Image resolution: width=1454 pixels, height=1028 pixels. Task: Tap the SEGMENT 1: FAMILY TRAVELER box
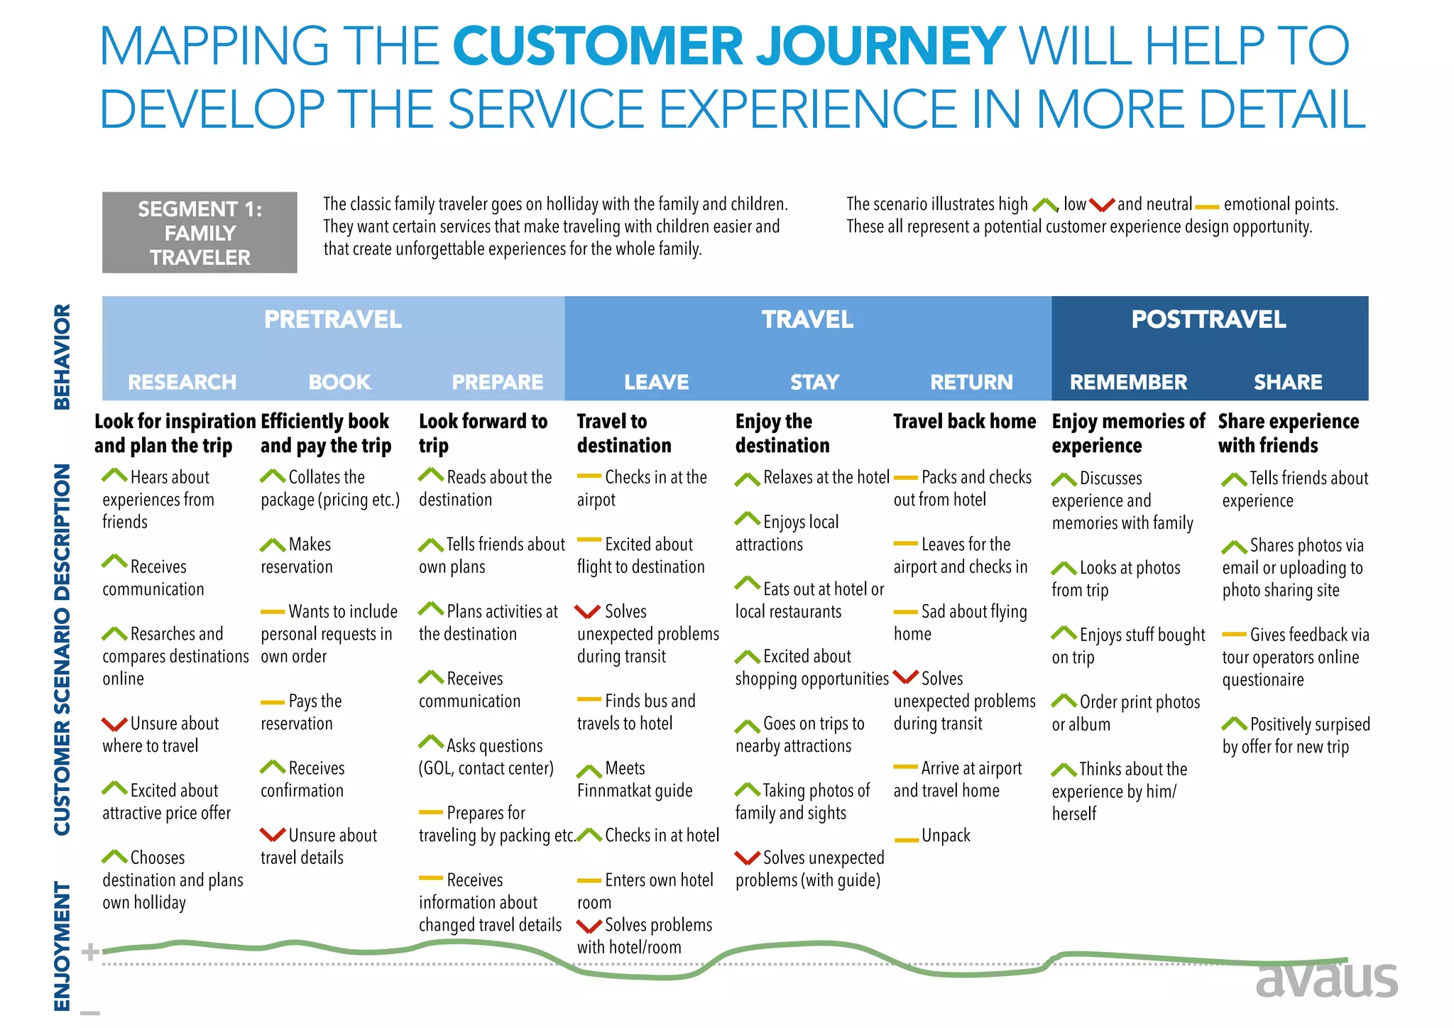pyautogui.click(x=199, y=233)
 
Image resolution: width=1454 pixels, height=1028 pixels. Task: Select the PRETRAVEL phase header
pyautogui.click(x=332, y=319)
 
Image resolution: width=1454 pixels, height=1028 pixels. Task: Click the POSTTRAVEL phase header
pyautogui.click(x=1208, y=319)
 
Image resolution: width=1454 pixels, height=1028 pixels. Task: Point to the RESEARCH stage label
pyautogui.click(x=182, y=382)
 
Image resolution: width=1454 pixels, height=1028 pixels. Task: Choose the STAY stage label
pyautogui.click(x=814, y=382)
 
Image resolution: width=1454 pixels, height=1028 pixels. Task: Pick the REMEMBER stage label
pyautogui.click(x=1128, y=382)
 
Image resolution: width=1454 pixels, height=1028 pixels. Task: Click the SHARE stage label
pyautogui.click(x=1287, y=382)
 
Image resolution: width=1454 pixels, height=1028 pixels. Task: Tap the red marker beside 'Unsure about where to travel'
pyautogui.click(x=114, y=724)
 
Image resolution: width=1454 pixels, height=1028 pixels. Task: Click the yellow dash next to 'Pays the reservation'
pyautogui.click(x=272, y=703)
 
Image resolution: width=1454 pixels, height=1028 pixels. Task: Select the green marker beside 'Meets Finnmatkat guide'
pyautogui.click(x=589, y=770)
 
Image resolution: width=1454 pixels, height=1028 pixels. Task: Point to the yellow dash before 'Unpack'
pyautogui.click(x=906, y=840)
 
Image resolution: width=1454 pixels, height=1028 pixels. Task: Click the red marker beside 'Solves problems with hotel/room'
pyautogui.click(x=589, y=926)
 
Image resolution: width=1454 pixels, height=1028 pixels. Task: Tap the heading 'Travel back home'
pyautogui.click(x=964, y=422)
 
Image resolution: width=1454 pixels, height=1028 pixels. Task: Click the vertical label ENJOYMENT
pyautogui.click(x=62, y=946)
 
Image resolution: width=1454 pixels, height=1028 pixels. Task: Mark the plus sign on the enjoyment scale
pyautogui.click(x=90, y=952)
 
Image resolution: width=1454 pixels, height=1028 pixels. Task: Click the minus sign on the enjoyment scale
pyautogui.click(x=90, y=1012)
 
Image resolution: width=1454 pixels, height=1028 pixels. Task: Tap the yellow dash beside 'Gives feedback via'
pyautogui.click(x=1234, y=634)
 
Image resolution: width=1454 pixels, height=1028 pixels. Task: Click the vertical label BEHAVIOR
pyautogui.click(x=62, y=357)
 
